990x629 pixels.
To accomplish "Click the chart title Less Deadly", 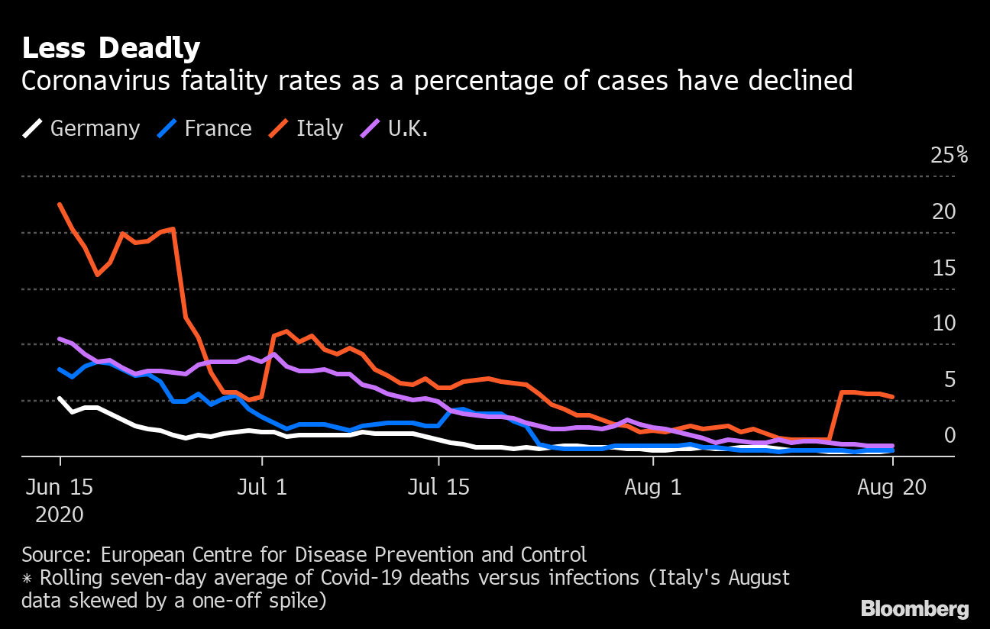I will coord(111,49).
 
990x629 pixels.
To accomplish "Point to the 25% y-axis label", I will coord(950,155).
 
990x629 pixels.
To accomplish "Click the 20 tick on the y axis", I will coord(944,211).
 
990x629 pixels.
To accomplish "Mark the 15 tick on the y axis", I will coord(944,268).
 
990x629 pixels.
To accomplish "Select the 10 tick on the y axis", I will coord(944,324).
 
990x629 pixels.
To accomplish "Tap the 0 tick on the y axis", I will coord(950,435).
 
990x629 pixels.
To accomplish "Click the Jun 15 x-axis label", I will coord(60,488).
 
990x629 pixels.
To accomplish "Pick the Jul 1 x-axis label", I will coord(262,488).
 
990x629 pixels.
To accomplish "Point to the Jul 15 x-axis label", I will coord(438,488).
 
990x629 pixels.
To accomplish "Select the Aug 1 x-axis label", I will coord(653,488).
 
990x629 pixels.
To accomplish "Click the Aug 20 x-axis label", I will coord(892,488).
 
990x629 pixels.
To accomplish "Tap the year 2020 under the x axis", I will coord(60,515).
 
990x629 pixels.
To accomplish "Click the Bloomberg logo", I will coord(915,608).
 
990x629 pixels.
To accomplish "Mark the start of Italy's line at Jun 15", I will coord(60,204).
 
